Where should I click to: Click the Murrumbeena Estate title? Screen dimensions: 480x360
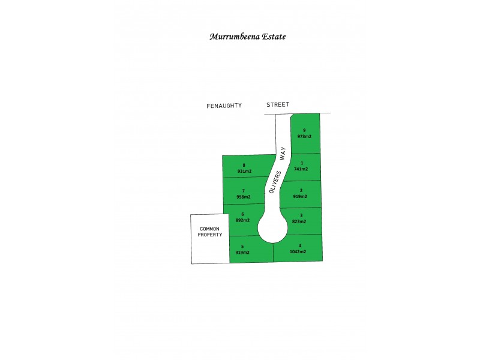[x=248, y=37]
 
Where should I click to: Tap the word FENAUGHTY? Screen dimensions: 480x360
[x=224, y=106]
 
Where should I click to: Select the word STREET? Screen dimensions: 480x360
[x=278, y=104]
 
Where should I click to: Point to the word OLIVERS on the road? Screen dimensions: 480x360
[x=275, y=182]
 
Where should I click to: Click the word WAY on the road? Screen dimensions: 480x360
[x=283, y=153]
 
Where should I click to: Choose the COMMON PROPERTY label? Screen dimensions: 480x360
[x=209, y=232]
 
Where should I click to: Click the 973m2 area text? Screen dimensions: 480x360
[x=304, y=137]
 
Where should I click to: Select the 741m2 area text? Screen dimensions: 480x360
[x=301, y=169]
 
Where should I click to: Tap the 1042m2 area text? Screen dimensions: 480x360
[x=298, y=251]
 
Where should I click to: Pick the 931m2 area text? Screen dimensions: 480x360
[x=244, y=171]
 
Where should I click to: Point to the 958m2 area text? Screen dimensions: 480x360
[x=244, y=197]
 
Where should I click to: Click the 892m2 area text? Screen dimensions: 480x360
[x=242, y=220]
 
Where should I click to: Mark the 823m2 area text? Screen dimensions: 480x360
[x=299, y=221]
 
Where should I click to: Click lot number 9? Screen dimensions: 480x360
[x=304, y=130]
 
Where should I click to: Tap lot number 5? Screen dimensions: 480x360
[x=242, y=247]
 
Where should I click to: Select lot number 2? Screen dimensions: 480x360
[x=301, y=190]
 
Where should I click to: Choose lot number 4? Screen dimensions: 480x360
[x=300, y=245]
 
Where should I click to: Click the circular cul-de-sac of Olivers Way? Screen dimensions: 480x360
[x=273, y=228]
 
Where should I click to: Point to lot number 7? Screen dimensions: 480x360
[x=244, y=191]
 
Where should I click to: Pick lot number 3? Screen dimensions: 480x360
[x=301, y=215]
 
